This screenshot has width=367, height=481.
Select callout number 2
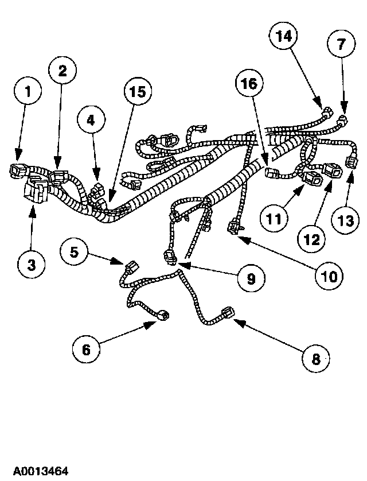point(63,71)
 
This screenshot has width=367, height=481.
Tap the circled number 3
point(32,265)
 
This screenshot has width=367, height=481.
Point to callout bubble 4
point(91,121)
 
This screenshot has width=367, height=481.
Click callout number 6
point(87,349)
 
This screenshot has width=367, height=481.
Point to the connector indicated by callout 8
point(225,312)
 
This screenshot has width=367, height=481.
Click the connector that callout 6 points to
point(163,315)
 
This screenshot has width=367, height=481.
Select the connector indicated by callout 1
point(17,169)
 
